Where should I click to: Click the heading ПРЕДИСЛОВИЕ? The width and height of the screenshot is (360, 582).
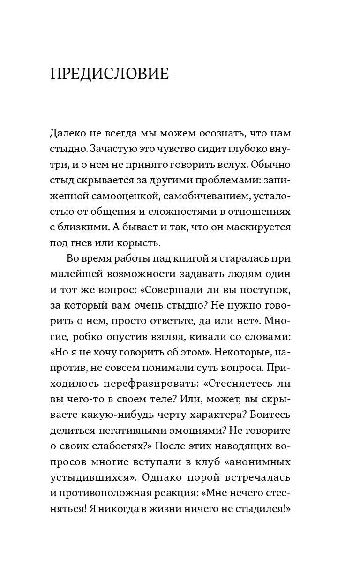(x=109, y=74)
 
